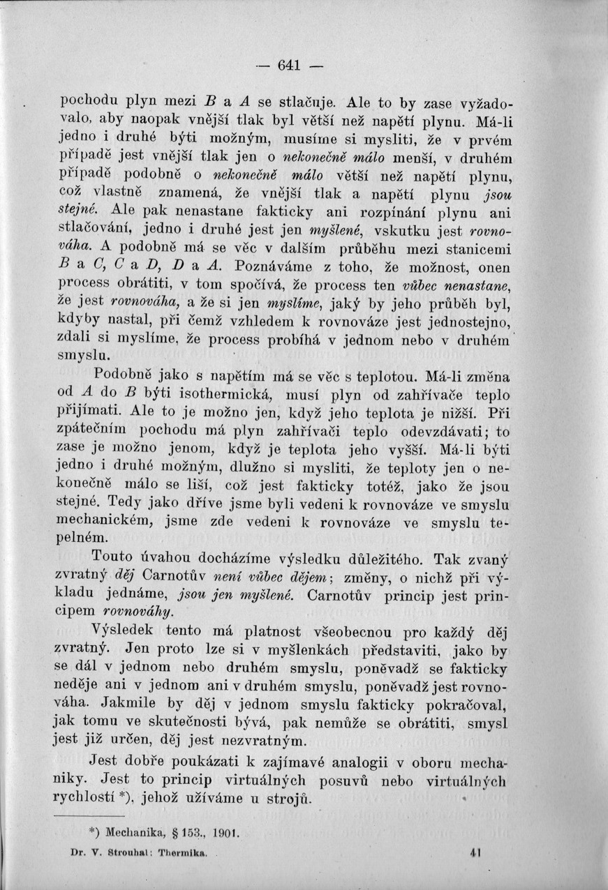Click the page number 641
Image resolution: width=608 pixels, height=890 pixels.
point(288,67)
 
